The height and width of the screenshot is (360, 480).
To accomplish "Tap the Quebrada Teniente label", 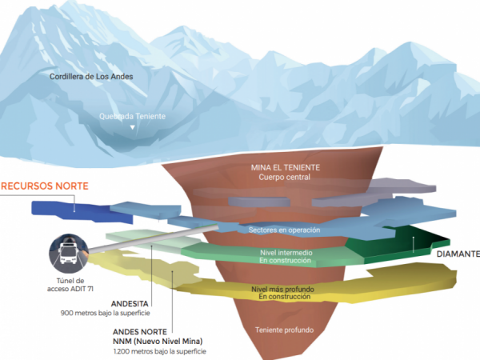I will point(133,116).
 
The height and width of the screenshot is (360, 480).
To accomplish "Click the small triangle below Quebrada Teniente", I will point(133,126).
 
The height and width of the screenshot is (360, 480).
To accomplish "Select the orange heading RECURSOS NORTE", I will point(44,186).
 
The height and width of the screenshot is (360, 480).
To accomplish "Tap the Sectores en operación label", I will point(286,230).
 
